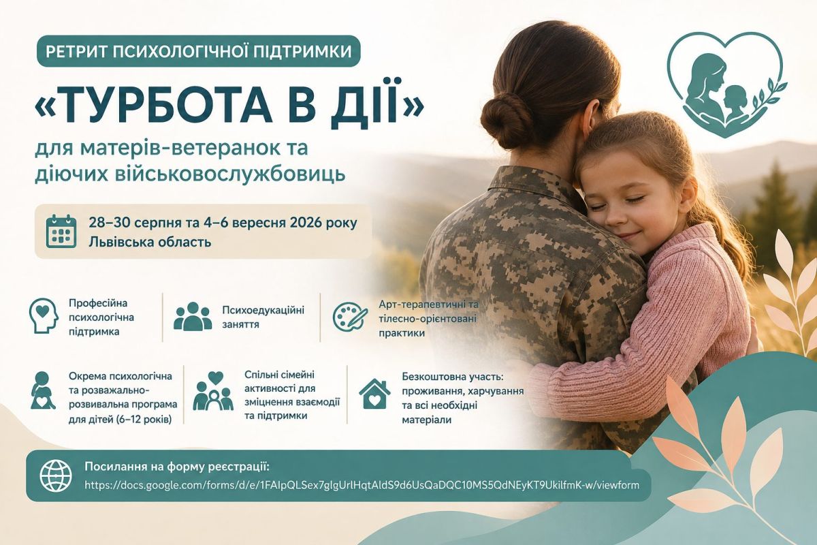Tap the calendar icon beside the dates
point(61,232)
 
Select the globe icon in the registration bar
point(55,476)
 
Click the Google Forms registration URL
point(362,485)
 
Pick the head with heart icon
point(44,315)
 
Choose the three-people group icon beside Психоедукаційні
point(193,317)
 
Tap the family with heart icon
point(213,391)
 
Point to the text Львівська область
point(150,242)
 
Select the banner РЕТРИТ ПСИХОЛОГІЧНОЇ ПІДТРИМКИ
point(199,51)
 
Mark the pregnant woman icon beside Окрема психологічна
point(43,390)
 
